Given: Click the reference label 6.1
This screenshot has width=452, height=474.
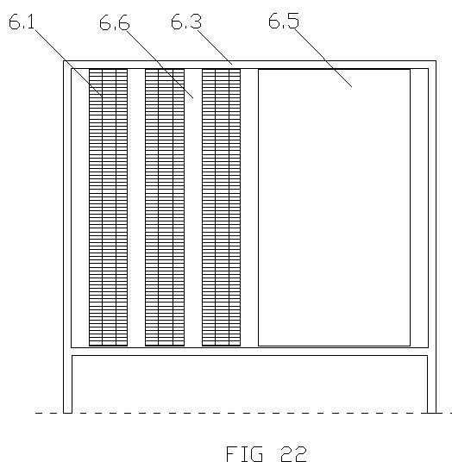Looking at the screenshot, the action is (x=22, y=22).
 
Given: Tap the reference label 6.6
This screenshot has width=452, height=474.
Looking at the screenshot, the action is (x=115, y=23).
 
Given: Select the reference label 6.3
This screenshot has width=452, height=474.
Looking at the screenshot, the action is (x=186, y=22).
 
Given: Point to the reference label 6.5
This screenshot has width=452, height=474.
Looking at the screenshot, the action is (x=284, y=21).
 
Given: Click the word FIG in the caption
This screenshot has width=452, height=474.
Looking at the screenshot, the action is (x=244, y=453).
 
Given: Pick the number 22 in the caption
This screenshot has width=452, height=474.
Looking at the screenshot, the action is (x=293, y=453).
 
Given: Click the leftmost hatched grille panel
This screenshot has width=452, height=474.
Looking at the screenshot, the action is (x=108, y=208).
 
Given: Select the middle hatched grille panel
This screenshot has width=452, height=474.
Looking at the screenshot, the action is (x=165, y=208).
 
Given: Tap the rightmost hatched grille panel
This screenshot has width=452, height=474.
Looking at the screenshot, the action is (x=221, y=208).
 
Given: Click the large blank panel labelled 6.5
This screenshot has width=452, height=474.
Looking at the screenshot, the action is (x=334, y=208).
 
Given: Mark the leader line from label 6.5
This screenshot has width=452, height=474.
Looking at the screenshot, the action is (x=323, y=58).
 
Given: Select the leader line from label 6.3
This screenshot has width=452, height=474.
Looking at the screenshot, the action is (x=215, y=47).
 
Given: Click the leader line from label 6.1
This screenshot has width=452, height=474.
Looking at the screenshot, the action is (x=69, y=63).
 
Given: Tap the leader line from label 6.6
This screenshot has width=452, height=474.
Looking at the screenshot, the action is (x=160, y=64).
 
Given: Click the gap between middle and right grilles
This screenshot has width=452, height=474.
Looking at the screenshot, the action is (x=193, y=208).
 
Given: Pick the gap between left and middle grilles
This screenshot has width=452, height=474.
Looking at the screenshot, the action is (x=136, y=208).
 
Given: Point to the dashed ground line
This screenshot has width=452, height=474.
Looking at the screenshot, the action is (x=243, y=413).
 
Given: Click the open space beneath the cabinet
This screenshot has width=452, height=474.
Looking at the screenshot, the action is (x=249, y=384).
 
